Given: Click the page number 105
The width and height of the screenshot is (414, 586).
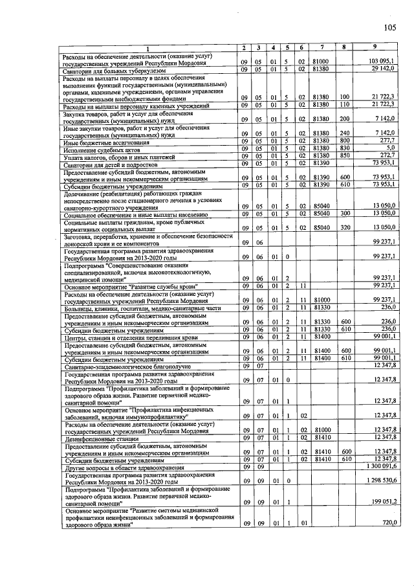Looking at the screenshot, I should pos(389,27).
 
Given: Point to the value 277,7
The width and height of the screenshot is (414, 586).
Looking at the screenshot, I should pos(387,141).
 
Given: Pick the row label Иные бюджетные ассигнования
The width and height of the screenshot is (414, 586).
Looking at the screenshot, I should pos(97,141).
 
